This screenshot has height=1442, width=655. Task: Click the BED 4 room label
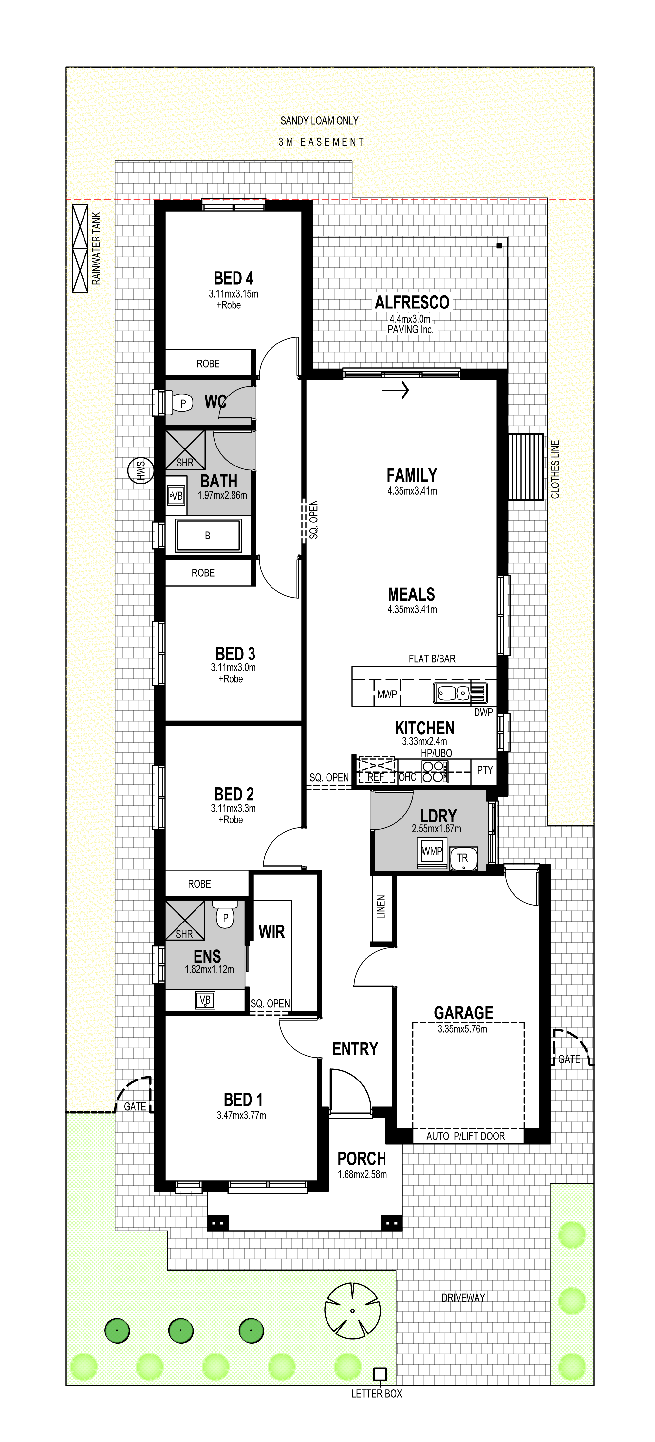pyautogui.click(x=234, y=278)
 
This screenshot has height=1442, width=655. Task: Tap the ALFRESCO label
pyautogui.click(x=412, y=303)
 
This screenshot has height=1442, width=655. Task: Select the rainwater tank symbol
pyautogui.click(x=80, y=249)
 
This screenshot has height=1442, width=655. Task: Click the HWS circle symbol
pyautogui.click(x=140, y=470)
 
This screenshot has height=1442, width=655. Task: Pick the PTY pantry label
pyautogui.click(x=485, y=770)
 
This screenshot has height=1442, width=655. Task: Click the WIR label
pyautogui.click(x=272, y=932)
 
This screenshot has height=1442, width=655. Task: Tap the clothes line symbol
pyautogui.click(x=526, y=467)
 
